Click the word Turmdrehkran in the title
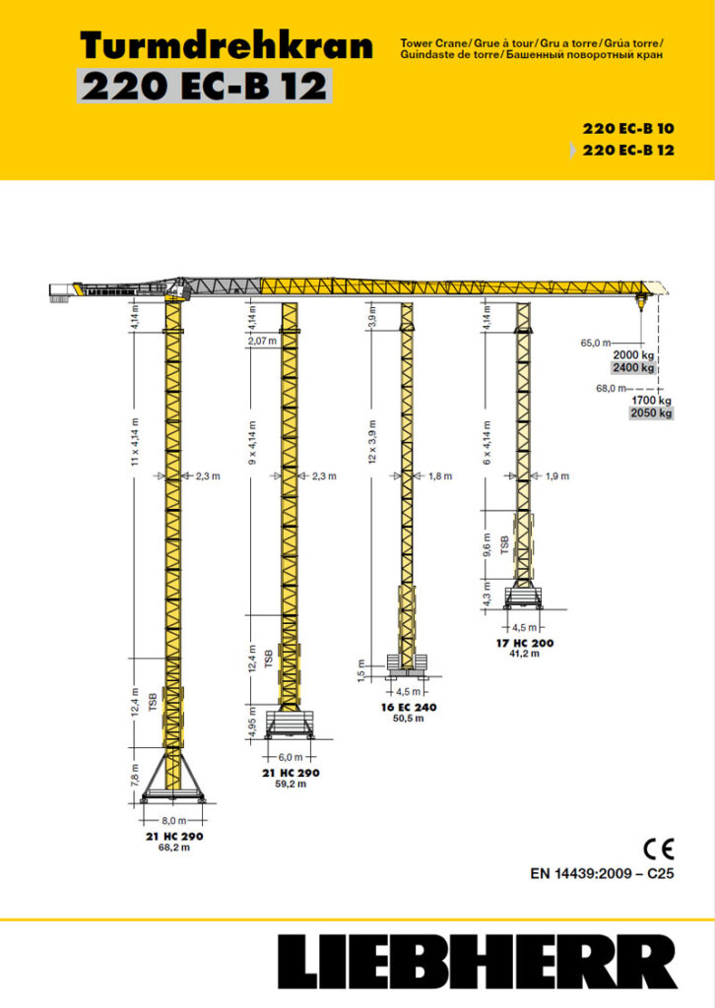pyautogui.click(x=226, y=45)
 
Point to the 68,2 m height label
pyautogui.click(x=173, y=848)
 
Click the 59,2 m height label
pyautogui.click(x=291, y=785)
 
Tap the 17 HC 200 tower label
pyautogui.click(x=525, y=643)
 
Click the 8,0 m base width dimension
pyautogui.click(x=173, y=818)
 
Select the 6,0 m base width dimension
pyautogui.click(x=291, y=757)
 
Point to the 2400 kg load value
pyautogui.click(x=633, y=368)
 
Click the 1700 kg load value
pyautogui.click(x=651, y=401)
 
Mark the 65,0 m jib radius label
pyautogui.click(x=596, y=343)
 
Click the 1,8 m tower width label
pyautogui.click(x=440, y=476)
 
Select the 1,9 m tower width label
pyautogui.click(x=557, y=476)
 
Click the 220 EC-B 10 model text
pyautogui.click(x=627, y=128)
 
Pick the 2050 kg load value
pyautogui.click(x=651, y=413)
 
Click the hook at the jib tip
pyautogui.click(x=645, y=299)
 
